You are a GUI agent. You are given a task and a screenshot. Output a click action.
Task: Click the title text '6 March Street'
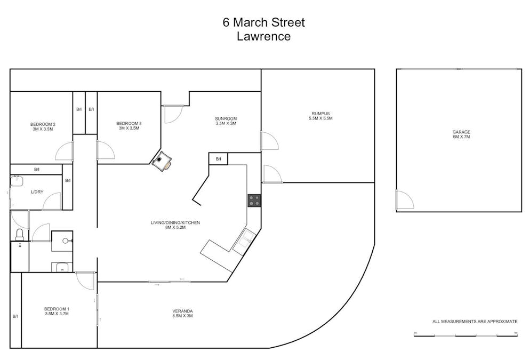264,23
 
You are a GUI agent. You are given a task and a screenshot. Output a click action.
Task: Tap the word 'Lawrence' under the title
264,37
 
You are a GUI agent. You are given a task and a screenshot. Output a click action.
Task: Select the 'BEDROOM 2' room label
43,124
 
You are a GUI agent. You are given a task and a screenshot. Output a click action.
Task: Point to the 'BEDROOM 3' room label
129,123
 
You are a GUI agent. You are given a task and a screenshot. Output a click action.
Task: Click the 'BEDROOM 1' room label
57,309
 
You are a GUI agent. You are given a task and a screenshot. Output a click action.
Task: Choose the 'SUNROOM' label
226,118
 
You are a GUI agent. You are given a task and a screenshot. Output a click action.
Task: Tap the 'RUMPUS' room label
320,113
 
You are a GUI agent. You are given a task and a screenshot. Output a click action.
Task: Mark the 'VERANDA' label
182,311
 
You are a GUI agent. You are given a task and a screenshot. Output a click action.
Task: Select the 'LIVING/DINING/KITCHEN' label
175,222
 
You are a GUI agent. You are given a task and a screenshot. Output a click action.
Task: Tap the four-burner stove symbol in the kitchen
254,201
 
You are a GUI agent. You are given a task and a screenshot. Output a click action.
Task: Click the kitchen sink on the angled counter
243,241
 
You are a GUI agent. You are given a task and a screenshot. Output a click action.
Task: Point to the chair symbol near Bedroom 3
162,161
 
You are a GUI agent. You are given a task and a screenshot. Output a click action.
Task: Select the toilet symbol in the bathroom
20,234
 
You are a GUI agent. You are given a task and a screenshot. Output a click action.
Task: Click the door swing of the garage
405,200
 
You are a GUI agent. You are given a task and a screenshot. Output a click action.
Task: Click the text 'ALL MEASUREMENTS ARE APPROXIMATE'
475,322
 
